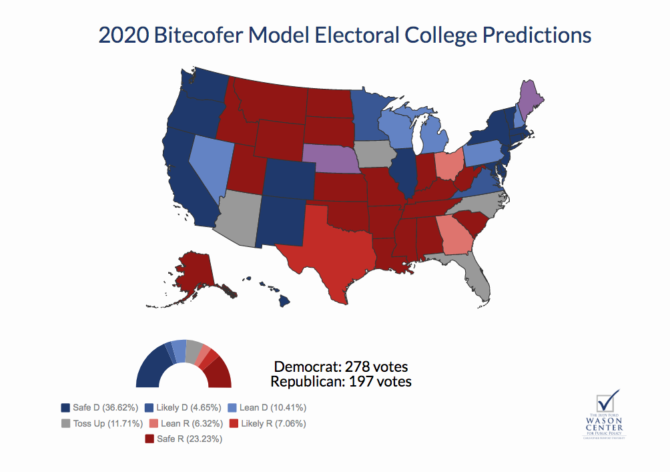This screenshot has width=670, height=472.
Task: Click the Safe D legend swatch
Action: click(65, 407)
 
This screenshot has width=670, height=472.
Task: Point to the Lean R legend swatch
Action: click(154, 423)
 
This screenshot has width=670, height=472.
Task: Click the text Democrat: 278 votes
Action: click(340, 367)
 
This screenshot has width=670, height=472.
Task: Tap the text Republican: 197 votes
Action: click(340, 381)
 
